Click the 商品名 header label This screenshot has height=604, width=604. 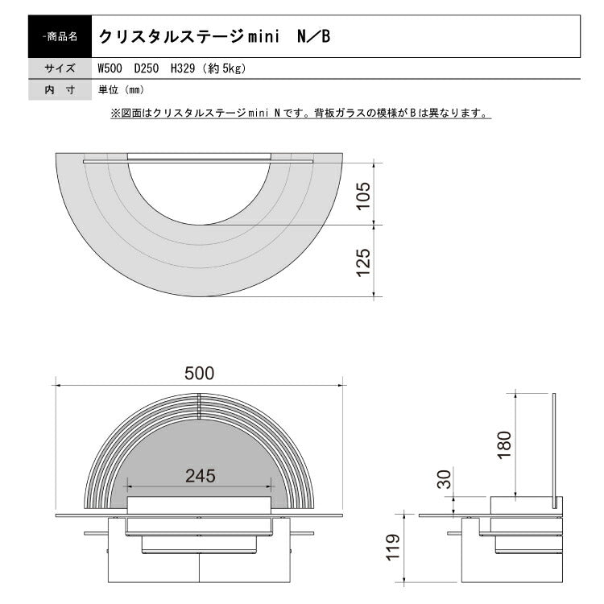pos(60,37)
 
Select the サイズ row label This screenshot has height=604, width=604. pos(60,69)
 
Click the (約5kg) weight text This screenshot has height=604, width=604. pos(223,69)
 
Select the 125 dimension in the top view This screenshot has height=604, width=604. pos(363,262)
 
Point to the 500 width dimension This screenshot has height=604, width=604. pos(199,373)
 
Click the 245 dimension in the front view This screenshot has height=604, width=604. pos(199,476)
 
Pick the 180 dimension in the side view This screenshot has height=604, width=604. pos(504,442)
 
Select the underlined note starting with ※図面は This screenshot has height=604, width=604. pos(300,114)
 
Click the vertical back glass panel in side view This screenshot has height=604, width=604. pos(554,451)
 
